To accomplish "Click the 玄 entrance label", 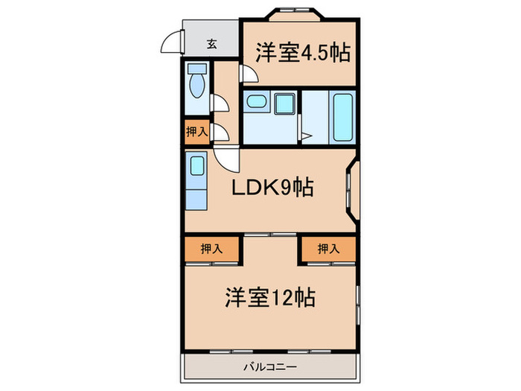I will [212, 43].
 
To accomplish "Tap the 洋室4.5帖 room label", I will [304, 53].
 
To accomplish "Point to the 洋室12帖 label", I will [270, 298].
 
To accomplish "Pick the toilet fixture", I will [197, 83].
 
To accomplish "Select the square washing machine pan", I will [284, 103].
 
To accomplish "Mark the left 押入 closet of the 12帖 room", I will [211, 249].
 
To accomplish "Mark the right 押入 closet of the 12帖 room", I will [328, 249].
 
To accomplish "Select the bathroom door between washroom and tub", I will [304, 135].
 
